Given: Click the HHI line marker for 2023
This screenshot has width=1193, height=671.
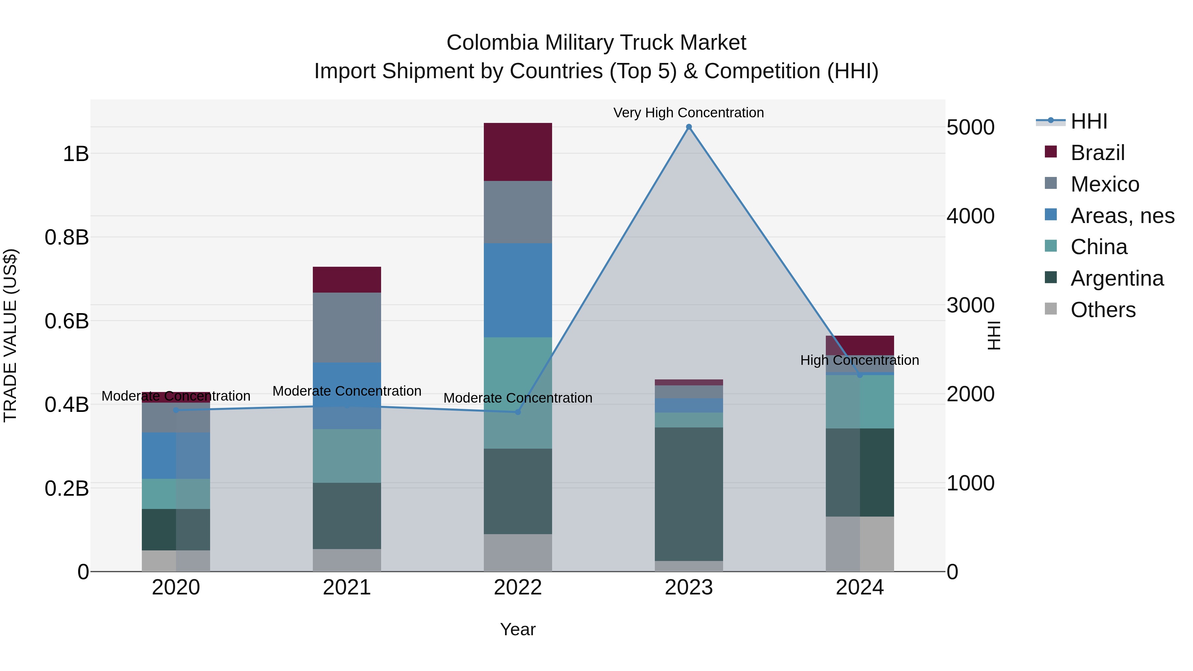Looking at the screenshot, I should (x=689, y=127).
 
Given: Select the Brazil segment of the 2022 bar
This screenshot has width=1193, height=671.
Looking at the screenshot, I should (x=518, y=152).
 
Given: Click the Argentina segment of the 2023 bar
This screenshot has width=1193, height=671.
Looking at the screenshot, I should (x=689, y=494).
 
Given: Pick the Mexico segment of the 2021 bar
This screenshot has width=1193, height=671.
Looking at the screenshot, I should (x=347, y=327).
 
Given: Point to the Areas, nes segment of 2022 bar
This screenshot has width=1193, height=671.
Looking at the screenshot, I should (x=518, y=290).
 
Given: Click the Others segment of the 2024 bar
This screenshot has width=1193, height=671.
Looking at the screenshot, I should (x=860, y=544).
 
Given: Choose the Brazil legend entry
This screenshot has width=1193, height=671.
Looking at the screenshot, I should (x=1097, y=153).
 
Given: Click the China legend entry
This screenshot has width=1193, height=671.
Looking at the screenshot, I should (x=1099, y=247).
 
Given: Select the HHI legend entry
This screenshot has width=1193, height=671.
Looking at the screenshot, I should (x=1088, y=121).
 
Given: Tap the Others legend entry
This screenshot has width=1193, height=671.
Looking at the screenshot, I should (x=1103, y=310).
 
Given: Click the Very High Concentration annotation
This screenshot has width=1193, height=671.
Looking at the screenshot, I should (x=688, y=113).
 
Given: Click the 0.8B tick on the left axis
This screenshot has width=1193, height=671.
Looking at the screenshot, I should (x=67, y=237).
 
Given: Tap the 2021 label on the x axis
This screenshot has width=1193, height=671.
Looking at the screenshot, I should (x=347, y=587).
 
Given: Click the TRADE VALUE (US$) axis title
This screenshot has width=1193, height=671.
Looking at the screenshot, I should (x=10, y=335).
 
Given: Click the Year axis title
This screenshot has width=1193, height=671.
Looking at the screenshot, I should (x=518, y=629).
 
